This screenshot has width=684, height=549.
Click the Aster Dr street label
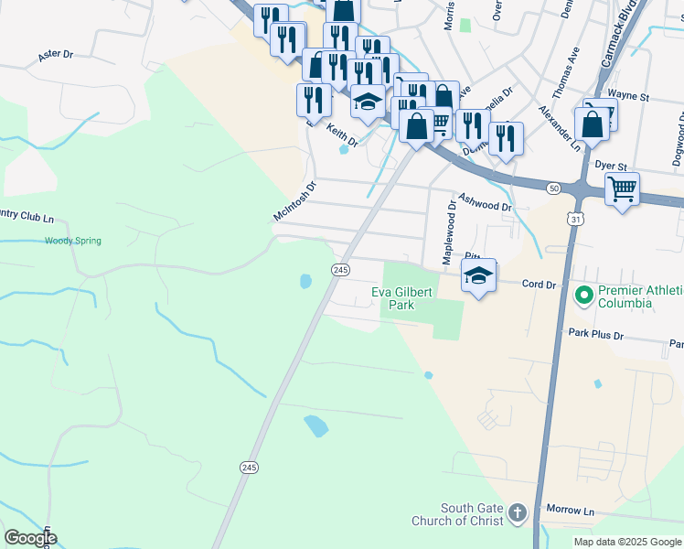point(56,55)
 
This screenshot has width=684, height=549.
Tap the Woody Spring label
point(72,241)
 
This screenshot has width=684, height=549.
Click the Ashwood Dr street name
point(485,202)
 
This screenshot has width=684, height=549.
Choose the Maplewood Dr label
point(449,234)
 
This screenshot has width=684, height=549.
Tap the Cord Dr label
point(539,285)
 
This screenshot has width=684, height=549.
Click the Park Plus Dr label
point(595,335)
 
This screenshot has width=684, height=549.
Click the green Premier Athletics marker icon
point(582,296)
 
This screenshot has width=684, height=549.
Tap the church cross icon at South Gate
point(518,512)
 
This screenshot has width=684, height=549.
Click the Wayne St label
point(627,94)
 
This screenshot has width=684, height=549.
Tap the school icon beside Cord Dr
point(478,274)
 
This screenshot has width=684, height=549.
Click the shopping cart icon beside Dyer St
point(622,188)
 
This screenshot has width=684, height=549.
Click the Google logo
point(29,537)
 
